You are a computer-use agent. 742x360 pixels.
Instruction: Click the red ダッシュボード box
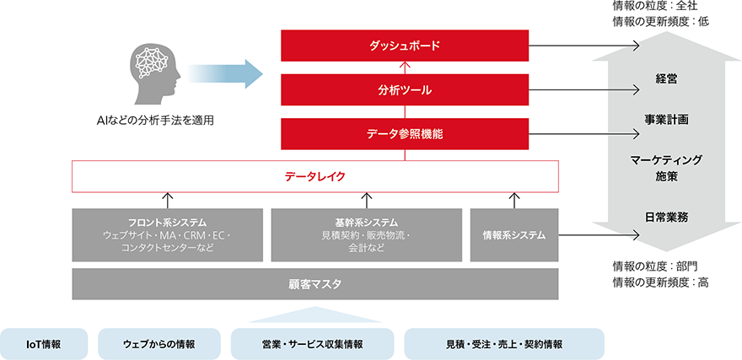coord(404,45)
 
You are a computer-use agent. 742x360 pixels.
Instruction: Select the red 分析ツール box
coord(404,89)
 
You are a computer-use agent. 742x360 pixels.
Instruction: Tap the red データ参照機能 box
coord(404,133)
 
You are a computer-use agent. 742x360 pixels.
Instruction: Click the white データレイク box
coord(315,176)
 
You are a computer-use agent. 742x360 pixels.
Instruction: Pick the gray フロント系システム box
coord(167,234)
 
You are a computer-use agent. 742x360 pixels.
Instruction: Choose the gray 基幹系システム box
coord(366,234)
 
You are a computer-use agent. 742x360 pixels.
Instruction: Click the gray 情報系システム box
coord(513,234)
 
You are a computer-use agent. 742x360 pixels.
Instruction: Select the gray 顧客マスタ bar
coord(315,284)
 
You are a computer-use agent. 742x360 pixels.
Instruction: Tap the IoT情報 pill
coord(44,343)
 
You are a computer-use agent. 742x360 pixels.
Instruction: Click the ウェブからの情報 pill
coord(159,343)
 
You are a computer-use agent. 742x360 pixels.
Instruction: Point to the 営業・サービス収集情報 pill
coord(312,343)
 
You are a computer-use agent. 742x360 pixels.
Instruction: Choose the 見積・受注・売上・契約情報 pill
coord(504,343)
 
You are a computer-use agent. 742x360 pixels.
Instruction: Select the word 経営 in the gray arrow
coord(666,78)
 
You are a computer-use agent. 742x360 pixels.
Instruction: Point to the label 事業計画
coord(666,120)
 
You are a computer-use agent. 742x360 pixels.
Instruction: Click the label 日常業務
coord(666,217)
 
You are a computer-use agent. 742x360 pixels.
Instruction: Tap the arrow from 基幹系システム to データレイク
coord(366,200)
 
